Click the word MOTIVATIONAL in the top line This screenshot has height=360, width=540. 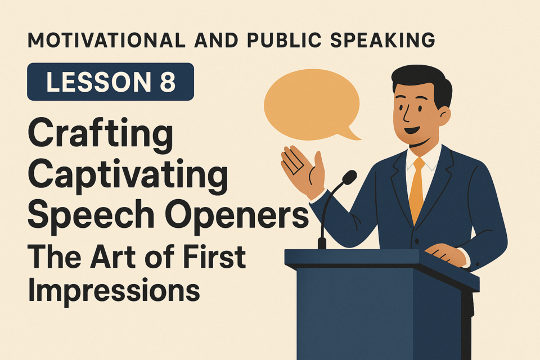click(106, 40)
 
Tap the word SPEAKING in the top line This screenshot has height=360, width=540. click(382, 40)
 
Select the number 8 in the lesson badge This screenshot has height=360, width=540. click(168, 82)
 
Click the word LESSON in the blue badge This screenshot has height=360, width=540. click(98, 82)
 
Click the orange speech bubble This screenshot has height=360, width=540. click(312, 105)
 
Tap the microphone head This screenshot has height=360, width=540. click(349, 177)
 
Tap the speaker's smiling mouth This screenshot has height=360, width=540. click(412, 130)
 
